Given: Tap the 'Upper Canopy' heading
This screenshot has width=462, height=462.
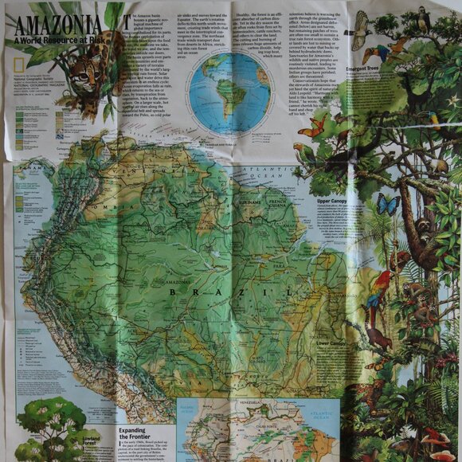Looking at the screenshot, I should [x=335, y=202].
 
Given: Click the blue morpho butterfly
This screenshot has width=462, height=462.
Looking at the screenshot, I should [x=387, y=204].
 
